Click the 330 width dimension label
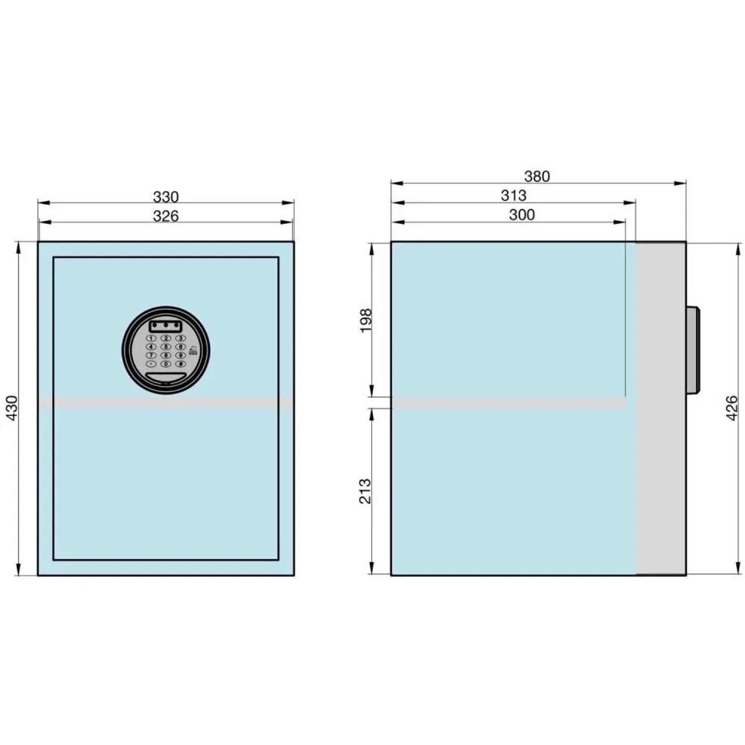point(165,197)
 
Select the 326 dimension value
point(165,216)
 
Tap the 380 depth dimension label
point(537,176)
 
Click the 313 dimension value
point(514,196)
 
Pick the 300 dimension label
point(522,215)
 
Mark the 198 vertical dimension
point(366,320)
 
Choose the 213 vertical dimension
point(366,491)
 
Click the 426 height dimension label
point(732,408)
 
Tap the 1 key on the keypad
point(151,338)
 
